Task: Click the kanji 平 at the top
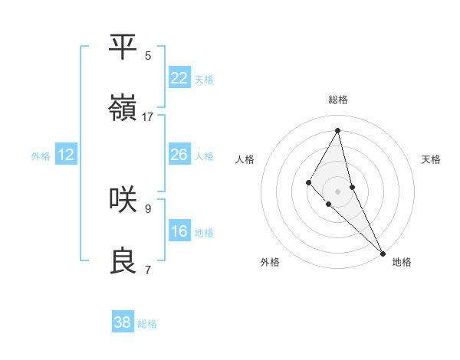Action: (x=123, y=47)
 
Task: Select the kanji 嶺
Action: (x=123, y=108)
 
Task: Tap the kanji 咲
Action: (x=123, y=199)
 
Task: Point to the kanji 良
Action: (x=123, y=260)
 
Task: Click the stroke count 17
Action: (x=148, y=117)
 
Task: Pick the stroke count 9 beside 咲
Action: (x=148, y=208)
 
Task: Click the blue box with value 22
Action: (x=179, y=78)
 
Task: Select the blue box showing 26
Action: (x=179, y=155)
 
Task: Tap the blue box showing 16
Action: (x=179, y=231)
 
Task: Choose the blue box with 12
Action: (x=66, y=155)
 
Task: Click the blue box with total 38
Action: (x=123, y=322)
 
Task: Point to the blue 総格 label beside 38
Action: (x=147, y=324)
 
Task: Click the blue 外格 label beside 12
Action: (x=41, y=156)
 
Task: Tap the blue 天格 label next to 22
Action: (x=204, y=80)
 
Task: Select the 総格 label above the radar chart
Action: (x=337, y=100)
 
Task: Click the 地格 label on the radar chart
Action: (x=402, y=262)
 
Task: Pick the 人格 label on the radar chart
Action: (x=245, y=159)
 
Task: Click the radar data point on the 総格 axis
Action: (x=337, y=130)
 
